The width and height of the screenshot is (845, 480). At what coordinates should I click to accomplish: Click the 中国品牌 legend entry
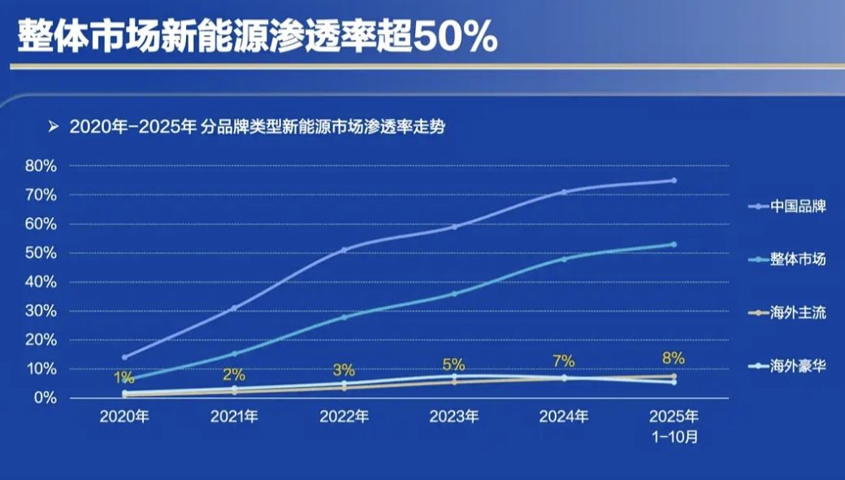point(786,207)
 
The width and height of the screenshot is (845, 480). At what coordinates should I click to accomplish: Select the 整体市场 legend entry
point(786,260)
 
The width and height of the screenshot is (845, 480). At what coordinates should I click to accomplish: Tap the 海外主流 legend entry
point(786,313)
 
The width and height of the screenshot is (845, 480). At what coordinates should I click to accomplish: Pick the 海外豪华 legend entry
point(786,367)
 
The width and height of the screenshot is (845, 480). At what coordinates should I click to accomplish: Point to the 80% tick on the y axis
point(41,166)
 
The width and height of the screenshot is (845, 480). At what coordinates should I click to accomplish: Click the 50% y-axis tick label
point(41,253)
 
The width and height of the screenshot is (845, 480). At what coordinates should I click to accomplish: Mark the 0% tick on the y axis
point(44,398)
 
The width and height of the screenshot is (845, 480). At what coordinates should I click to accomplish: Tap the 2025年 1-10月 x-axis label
point(674,425)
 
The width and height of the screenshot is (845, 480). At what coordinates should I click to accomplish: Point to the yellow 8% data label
point(674,358)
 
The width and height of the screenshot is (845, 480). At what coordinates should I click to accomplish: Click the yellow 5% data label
point(453,364)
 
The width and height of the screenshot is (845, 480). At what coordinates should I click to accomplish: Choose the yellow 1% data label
point(123,378)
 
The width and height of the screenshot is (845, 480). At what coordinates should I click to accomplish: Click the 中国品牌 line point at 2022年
point(344,250)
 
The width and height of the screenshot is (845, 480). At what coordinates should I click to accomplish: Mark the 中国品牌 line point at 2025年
point(674,181)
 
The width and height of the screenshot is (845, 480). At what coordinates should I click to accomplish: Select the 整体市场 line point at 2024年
point(564,259)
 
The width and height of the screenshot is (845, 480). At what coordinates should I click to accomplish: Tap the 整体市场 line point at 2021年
point(234,354)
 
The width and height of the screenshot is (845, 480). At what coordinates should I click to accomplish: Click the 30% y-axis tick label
point(41,311)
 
